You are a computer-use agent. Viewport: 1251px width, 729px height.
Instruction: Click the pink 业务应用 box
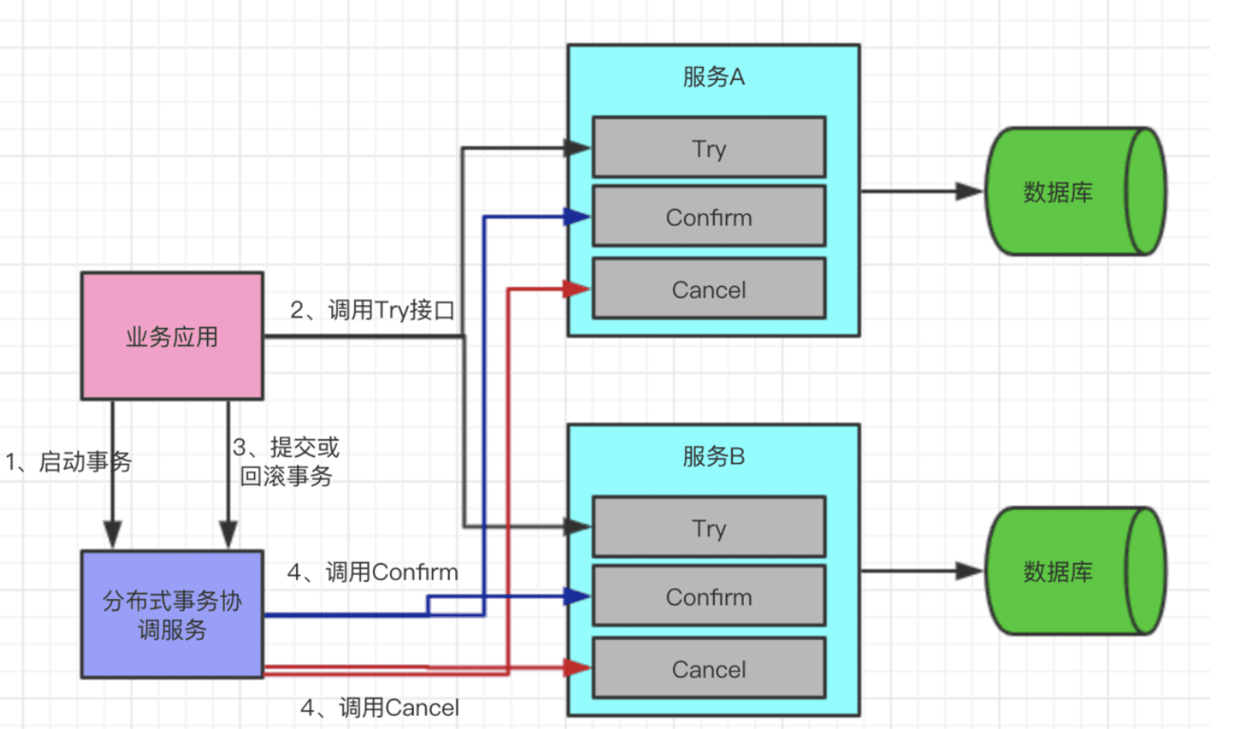pos(172,336)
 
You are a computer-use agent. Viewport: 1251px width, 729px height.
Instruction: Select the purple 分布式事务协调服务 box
pos(172,615)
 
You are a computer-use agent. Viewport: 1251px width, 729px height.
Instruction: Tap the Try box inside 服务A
pos(709,147)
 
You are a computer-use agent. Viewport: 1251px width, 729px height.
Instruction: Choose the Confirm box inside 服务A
pos(709,217)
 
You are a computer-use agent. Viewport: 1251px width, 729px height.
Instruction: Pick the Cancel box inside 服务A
pos(709,288)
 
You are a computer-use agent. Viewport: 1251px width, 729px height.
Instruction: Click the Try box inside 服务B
pos(709,527)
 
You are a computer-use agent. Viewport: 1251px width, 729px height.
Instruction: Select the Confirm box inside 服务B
pos(709,596)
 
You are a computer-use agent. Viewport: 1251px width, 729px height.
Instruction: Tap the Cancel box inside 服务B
pos(709,669)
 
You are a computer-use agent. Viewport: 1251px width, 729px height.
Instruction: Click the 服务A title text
pos(713,77)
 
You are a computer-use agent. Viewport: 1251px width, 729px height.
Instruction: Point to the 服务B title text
pos(713,457)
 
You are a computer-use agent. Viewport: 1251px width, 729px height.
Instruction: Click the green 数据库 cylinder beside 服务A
pos(1075,191)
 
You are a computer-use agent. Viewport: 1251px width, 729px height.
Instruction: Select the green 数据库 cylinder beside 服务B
pos(1075,571)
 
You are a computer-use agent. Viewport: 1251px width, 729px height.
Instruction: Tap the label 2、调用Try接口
pos(373,310)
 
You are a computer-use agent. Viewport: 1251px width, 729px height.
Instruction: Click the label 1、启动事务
pos(68,463)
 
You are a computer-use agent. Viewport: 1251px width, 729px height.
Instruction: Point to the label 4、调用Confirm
pos(373,572)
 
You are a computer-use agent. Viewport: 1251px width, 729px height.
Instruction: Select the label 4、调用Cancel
pos(379,708)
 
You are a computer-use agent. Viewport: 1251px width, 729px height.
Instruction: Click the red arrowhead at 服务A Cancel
pos(576,288)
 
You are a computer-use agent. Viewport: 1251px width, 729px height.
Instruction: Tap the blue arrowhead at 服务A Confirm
pos(576,217)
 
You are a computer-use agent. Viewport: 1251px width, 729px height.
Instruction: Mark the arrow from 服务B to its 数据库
pos(921,571)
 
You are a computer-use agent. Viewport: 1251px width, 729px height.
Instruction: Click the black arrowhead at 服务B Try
pos(576,526)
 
